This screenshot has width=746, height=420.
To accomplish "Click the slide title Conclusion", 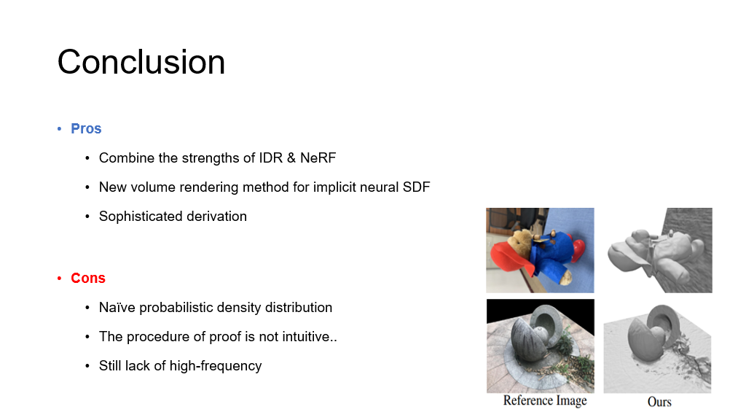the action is click(x=141, y=62).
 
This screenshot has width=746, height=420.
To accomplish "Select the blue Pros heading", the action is click(x=86, y=128).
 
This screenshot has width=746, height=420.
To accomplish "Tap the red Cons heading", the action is click(x=88, y=278).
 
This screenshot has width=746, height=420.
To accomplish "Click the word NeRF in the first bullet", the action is click(x=318, y=158).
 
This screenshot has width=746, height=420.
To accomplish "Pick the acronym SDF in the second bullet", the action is click(x=416, y=187).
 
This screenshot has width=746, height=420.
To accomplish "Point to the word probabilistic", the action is click(x=176, y=308).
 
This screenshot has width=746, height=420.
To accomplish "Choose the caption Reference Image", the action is click(x=545, y=401).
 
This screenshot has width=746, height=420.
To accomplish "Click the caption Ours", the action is click(x=659, y=402).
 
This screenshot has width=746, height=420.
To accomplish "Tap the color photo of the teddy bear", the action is click(x=540, y=251).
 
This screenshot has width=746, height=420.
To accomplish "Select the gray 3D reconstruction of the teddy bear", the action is click(x=658, y=251).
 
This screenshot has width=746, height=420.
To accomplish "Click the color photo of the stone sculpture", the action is click(x=541, y=346).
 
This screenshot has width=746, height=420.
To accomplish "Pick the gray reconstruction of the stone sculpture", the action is click(x=658, y=346).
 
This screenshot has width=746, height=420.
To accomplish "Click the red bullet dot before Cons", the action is click(x=60, y=278).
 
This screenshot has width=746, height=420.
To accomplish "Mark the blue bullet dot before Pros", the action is click(x=60, y=128).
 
